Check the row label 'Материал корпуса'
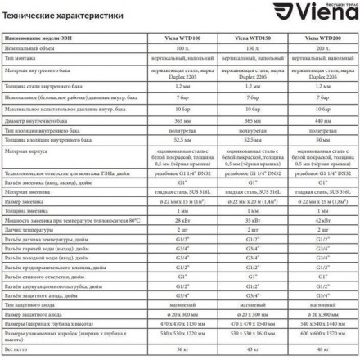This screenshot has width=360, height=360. (29, 161)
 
